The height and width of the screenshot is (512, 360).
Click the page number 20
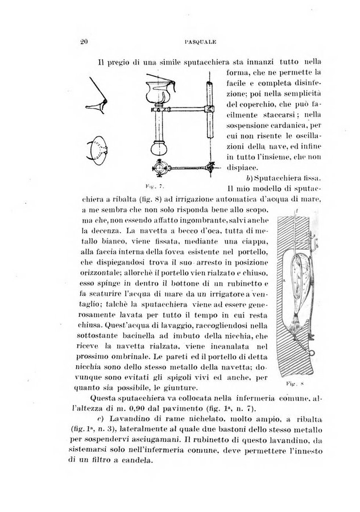[80, 42]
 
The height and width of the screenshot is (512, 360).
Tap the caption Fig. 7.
[150, 186]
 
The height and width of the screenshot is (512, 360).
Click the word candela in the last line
[135, 462]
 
